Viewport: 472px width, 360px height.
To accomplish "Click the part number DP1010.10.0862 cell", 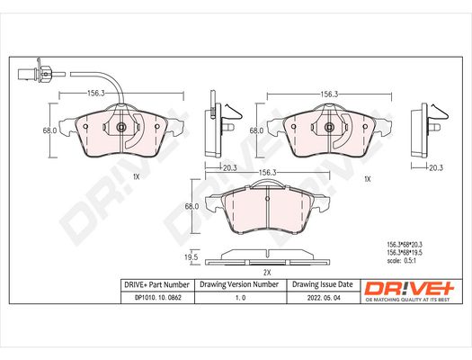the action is click(x=158, y=298).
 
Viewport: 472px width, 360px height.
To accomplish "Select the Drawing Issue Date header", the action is click(x=323, y=284).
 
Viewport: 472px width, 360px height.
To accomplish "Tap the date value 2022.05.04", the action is click(x=324, y=298).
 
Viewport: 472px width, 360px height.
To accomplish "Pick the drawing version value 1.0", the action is click(x=240, y=298).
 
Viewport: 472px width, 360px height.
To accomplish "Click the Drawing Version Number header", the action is click(x=239, y=284).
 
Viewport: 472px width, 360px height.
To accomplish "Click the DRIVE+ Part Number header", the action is click(x=156, y=284).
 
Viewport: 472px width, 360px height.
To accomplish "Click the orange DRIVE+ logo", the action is click(x=409, y=289).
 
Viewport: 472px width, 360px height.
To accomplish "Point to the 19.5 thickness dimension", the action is click(x=191, y=257).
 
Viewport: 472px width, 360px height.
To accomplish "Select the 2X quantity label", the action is click(x=267, y=273).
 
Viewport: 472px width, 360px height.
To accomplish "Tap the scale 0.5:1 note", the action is click(x=401, y=261).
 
